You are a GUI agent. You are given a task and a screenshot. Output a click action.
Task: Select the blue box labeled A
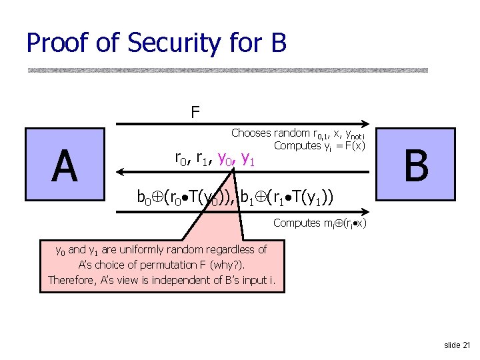coord(64,166)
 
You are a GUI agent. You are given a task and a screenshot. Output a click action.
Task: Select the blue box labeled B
coord(415,166)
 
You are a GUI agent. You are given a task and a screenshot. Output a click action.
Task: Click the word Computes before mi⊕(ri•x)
coord(297,223)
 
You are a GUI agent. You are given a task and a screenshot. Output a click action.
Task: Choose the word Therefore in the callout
coord(72,279)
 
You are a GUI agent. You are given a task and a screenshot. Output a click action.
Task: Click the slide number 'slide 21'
coord(457,345)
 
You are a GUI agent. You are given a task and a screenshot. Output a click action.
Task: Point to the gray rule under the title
coord(227,70)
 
